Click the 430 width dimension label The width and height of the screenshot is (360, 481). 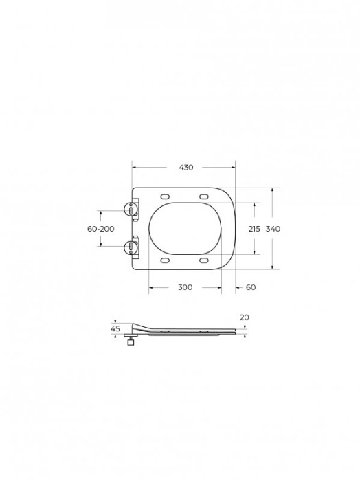tap(186, 168)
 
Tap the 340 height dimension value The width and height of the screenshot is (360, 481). tap(273, 229)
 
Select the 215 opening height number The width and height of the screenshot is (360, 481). tap(254, 229)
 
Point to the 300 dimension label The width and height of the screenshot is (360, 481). tap(185, 287)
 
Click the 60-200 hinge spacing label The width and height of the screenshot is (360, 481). tap(101, 229)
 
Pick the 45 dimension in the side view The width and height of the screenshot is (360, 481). tap(115, 329)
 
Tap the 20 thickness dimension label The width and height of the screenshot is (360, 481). tap(245, 317)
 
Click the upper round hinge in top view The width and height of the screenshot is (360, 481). tap(130, 210)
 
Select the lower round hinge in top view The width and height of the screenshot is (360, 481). tap(130, 246)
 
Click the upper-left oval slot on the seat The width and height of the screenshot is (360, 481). tap(166, 196)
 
